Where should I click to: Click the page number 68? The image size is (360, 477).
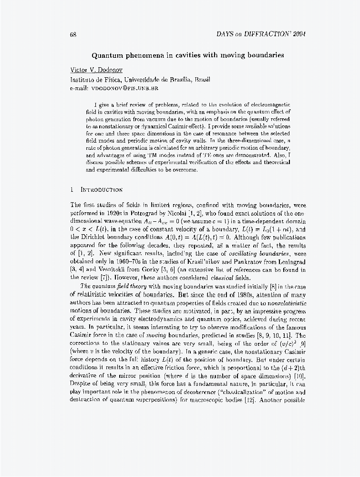[73, 34]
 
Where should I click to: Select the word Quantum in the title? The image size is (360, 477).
[108, 54]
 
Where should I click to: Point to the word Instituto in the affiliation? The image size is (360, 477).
[83, 80]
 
